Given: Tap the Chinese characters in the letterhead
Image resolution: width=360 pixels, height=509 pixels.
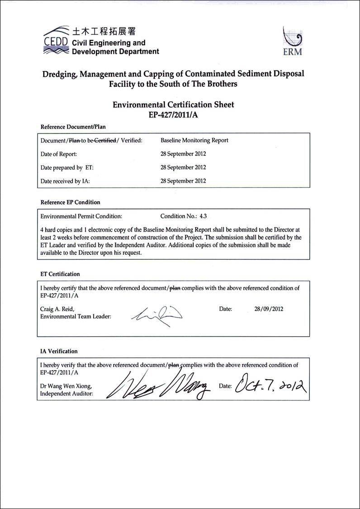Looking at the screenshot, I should (104, 31).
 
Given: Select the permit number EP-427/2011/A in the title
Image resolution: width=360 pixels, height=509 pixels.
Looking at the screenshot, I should (173, 115).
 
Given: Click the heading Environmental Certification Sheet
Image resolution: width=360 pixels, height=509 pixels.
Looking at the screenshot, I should (173, 105).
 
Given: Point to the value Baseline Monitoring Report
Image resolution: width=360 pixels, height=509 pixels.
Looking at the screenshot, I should (194, 140).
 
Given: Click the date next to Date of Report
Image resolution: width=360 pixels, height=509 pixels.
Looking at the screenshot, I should (183, 154).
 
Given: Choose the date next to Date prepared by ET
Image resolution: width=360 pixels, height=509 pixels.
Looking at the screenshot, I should (183, 167).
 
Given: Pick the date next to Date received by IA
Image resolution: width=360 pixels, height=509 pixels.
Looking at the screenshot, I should (183, 181).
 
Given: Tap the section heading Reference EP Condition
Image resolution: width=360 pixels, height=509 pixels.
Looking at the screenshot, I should (71, 202).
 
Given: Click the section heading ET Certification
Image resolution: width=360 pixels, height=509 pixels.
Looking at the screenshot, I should (60, 274).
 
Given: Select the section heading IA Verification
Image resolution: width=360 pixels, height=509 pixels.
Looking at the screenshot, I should (59, 351).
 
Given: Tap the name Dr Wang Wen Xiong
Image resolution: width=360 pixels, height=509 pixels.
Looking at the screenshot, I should (66, 386).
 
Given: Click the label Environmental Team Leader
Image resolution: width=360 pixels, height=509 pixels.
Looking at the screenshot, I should (76, 317).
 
